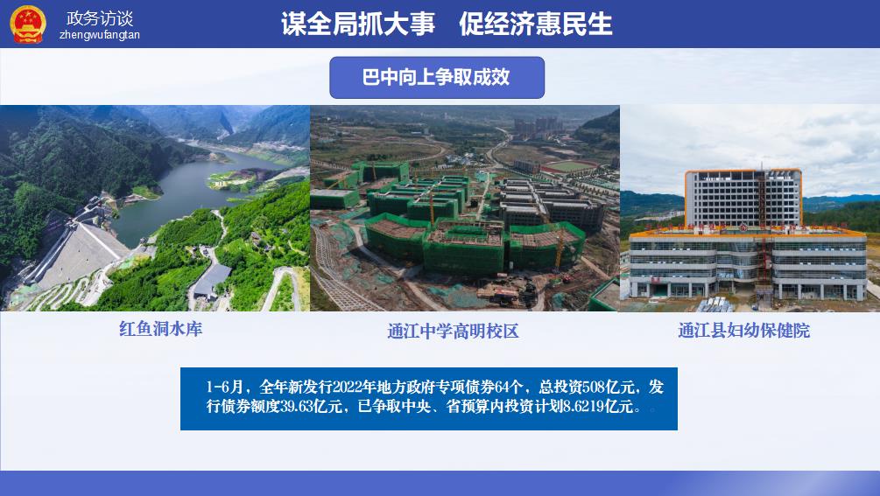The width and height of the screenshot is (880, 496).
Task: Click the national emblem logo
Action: pos(27,24)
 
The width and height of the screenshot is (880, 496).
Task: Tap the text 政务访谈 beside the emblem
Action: pos(100,18)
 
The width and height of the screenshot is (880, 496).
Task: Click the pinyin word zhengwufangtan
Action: pos(99,35)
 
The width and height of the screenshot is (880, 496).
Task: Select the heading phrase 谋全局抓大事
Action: pos(358,24)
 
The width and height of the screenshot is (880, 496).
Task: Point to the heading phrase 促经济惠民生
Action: pos(535,24)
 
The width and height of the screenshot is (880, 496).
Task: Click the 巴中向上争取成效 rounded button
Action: pos(437,77)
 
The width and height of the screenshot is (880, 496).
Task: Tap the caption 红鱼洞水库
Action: pos(160,328)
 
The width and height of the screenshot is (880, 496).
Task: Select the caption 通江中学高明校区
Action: pos(453,331)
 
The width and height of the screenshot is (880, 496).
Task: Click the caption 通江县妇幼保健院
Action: pos(743,330)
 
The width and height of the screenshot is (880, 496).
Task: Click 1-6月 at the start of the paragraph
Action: pos(224,387)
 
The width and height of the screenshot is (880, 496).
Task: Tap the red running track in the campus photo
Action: pos(569,166)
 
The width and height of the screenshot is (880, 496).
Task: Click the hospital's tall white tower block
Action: pos(743,198)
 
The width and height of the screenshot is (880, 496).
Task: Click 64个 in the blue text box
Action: pos(509,387)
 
